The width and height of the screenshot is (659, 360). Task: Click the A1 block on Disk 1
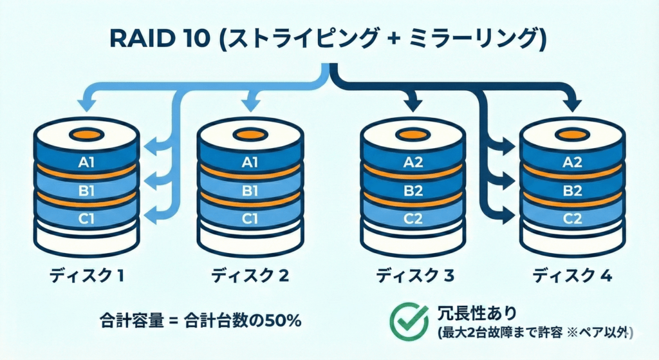click(x=86, y=163)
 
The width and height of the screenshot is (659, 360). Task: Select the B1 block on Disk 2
click(x=249, y=191)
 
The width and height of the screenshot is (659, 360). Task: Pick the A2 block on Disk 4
click(x=572, y=163)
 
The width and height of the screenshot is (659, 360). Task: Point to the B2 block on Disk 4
click(x=572, y=191)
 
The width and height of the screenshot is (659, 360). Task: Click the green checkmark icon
click(x=409, y=317)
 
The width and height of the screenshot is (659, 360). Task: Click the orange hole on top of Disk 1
click(x=86, y=135)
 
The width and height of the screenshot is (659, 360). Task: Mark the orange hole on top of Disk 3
click(x=412, y=135)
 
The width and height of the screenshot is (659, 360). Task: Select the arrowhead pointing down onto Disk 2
click(x=249, y=101)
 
